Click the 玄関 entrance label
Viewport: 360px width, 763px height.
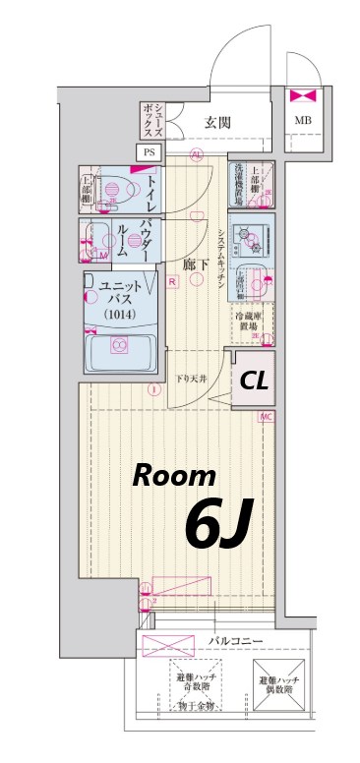[217, 123]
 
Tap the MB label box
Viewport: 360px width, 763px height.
[301, 123]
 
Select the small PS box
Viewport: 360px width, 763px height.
[150, 152]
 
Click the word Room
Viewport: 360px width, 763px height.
[175, 477]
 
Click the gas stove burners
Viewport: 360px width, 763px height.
[254, 235]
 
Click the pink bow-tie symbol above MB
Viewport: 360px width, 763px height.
[300, 97]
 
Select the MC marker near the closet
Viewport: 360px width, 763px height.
[267, 418]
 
